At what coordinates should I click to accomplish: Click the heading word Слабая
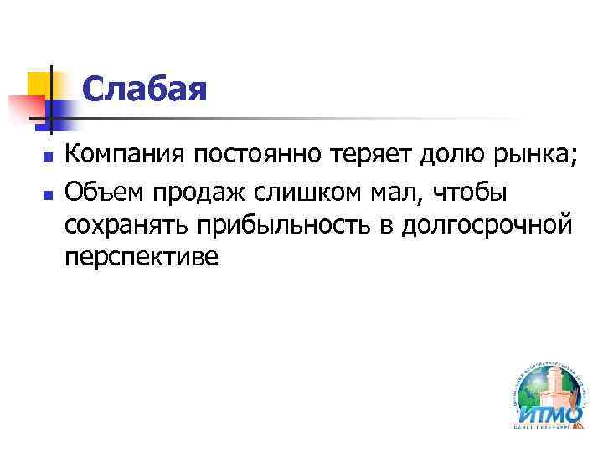[x=144, y=90]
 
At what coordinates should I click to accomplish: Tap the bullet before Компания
[x=48, y=157]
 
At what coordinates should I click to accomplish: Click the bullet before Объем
[x=48, y=192]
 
